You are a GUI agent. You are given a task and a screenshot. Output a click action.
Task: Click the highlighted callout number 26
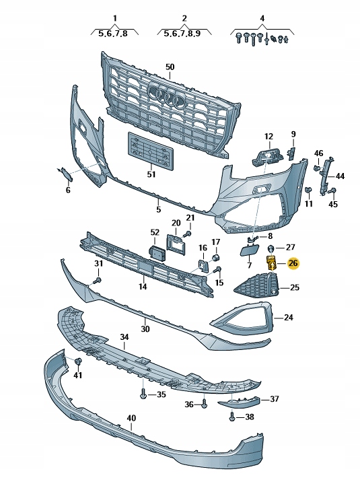(x=293, y=263)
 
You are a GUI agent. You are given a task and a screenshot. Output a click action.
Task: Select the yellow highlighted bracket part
(x=272, y=263)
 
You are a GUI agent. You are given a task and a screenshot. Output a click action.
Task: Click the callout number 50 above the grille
(x=170, y=67)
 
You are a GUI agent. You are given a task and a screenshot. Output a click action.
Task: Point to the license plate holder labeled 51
(x=151, y=150)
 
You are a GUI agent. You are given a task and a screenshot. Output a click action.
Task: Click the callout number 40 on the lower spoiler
(x=131, y=417)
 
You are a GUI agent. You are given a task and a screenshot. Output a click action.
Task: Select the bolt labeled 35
(x=143, y=394)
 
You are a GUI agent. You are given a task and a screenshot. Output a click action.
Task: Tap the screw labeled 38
(x=232, y=417)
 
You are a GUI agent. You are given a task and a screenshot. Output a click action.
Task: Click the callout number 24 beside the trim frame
(x=289, y=317)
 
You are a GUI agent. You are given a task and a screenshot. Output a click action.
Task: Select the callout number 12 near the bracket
(x=269, y=137)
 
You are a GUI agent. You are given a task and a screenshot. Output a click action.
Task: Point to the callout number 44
(x=340, y=176)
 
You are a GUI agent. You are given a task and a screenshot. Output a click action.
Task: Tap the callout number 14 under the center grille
(x=142, y=287)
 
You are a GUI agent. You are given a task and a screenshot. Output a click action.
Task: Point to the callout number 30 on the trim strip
(x=145, y=329)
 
